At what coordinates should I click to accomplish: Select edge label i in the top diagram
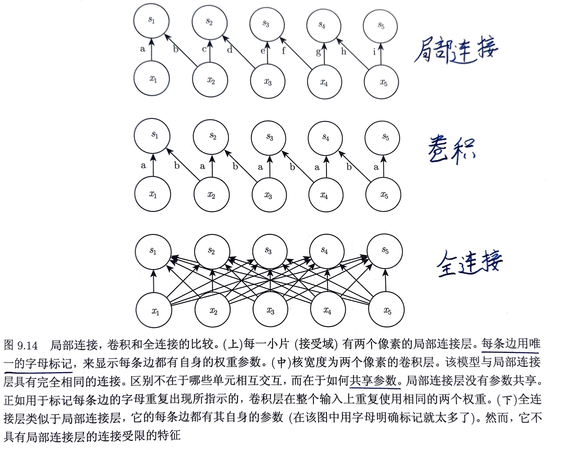pos(374,52)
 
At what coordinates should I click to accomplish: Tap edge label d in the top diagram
pos(230,49)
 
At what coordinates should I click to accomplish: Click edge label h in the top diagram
pos(344,51)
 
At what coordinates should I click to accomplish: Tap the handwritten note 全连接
pos(469,263)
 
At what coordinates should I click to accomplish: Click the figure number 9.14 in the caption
pos(28,345)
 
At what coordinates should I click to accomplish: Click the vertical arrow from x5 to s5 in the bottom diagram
pos(385,280)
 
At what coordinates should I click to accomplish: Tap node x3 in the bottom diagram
pos(270,310)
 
